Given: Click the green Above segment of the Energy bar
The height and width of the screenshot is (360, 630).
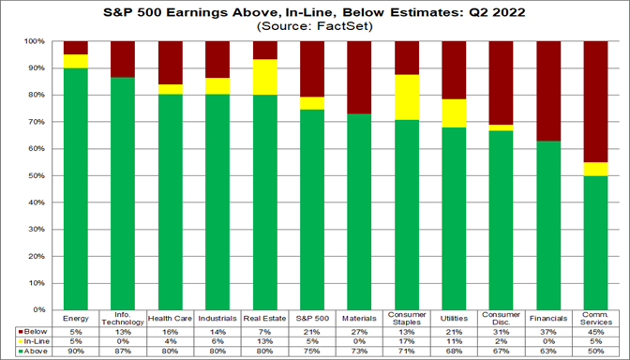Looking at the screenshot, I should click(75, 187).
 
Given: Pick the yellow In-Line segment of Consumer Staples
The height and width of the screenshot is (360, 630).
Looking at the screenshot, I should click(408, 97).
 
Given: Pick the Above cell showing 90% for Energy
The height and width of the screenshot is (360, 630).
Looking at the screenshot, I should click(75, 351).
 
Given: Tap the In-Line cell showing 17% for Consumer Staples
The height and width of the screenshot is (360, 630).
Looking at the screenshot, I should click(408, 340).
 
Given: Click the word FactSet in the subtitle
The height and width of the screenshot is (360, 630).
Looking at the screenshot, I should click(340, 26).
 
